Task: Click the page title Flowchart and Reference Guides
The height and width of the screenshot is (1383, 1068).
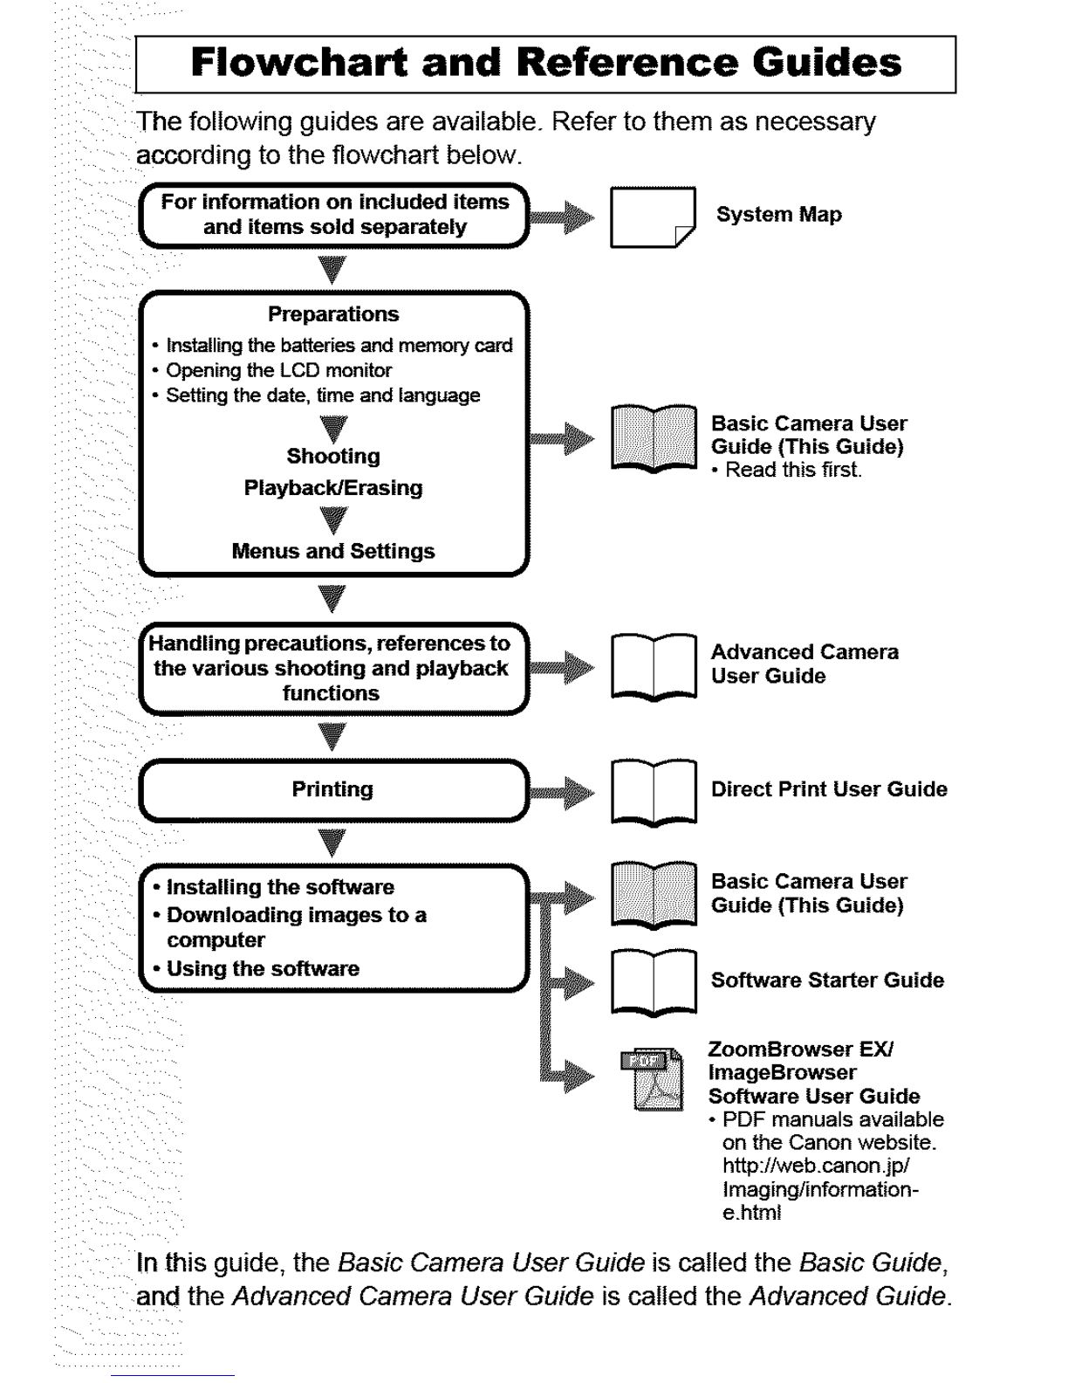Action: pos(545,64)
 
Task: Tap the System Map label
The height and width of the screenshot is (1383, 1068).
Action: pos(778,215)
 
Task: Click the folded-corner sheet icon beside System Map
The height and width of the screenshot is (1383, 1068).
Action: pos(652,217)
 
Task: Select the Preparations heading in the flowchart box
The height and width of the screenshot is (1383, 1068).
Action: pos(333,314)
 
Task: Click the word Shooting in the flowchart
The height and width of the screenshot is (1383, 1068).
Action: pos(333,457)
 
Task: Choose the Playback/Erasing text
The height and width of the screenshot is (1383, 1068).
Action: pos(333,488)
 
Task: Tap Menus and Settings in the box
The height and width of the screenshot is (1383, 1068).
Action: pos(333,552)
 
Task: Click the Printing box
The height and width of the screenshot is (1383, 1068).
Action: pos(333,790)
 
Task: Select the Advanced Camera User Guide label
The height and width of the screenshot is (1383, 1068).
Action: pos(804,664)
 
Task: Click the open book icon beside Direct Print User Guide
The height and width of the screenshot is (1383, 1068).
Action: pos(654,791)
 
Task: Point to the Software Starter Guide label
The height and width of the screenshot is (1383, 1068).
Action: pos(826,980)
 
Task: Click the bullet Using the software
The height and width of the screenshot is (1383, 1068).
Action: pos(263,969)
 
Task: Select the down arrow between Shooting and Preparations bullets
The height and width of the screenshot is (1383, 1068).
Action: pos(333,428)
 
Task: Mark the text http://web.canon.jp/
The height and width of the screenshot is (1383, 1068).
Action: pos(817,1166)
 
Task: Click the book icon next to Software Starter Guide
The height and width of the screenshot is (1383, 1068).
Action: pos(654,981)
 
